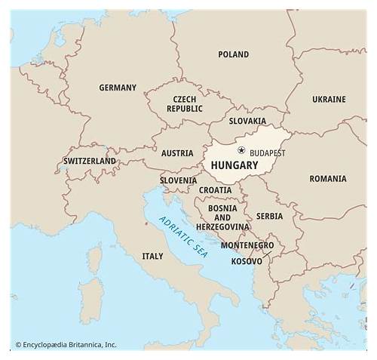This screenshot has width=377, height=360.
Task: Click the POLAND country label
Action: [233, 54]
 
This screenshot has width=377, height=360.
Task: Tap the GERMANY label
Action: [118, 88]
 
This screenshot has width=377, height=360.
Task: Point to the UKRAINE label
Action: [329, 99]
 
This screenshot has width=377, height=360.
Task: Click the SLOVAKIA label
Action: [248, 121]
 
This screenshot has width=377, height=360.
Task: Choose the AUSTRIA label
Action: [177, 153]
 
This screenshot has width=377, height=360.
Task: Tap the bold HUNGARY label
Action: [234, 165]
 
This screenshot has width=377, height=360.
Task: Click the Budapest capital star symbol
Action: [241, 150]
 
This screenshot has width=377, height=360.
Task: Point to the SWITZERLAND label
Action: [90, 161]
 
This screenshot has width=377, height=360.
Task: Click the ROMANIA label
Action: [328, 179]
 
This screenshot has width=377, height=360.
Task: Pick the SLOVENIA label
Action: [178, 180]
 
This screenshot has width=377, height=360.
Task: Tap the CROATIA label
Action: [216, 189]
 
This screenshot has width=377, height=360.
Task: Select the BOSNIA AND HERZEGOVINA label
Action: [222, 217]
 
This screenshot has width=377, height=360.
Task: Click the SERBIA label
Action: [269, 216]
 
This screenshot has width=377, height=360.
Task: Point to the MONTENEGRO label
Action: [247, 245]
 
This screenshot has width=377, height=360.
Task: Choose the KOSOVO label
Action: [247, 261]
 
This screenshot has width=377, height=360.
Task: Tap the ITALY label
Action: [152, 257]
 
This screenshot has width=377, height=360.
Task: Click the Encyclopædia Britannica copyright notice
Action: [66, 345]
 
